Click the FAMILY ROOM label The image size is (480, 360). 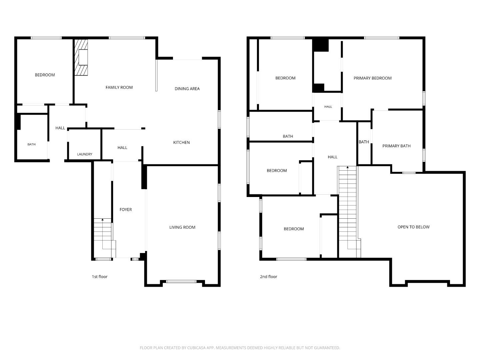coord(119,87)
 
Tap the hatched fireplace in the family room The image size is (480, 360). coord(81,57)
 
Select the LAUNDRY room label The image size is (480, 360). coord(85,154)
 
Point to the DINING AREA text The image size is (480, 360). coord(187,89)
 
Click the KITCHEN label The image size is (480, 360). coord(181,143)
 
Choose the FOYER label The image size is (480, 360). coord(126,210)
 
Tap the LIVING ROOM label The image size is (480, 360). coord(182,227)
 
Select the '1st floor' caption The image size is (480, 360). coord(99,277)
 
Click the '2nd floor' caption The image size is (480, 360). coord(268,277)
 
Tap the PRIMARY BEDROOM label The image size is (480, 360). coord(372,78)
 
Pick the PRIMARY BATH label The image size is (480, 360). coord(396,146)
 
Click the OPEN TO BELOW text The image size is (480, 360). coord(413,227)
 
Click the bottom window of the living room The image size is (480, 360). coord(181,282)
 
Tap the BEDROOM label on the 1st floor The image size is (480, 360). coord(45,75)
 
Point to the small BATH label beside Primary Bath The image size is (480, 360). coord(364,142)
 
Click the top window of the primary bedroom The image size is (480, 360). coord(382,38)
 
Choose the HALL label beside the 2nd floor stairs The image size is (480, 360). coord(332,157)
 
